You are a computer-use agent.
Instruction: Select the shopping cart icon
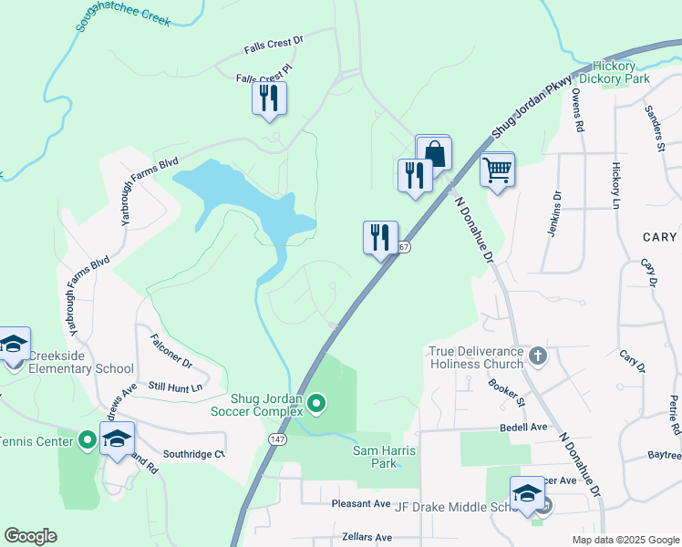pyautogui.click(x=497, y=169)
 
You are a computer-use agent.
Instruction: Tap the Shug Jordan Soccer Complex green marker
pyautogui.click(x=316, y=402)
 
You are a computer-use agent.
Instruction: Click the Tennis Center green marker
pyautogui.click(x=88, y=441)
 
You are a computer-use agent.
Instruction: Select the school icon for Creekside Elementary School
pyautogui.click(x=14, y=344)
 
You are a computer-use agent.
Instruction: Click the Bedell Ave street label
pyautogui.click(x=522, y=427)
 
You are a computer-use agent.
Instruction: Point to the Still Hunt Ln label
pyautogui.click(x=175, y=387)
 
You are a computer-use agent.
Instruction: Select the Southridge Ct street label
pyautogui.click(x=193, y=454)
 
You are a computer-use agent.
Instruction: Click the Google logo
pyautogui.click(x=30, y=536)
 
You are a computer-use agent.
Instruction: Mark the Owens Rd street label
pyautogui.click(x=577, y=109)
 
